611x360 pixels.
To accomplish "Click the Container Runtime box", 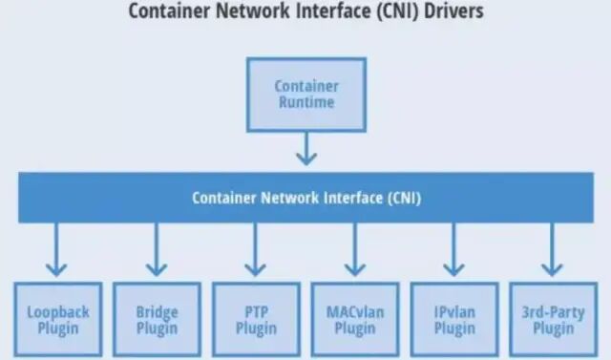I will point(306,94).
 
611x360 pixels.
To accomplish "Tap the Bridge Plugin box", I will point(157,320).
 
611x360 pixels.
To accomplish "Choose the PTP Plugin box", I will point(255,320).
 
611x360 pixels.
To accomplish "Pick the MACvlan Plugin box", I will point(355,320).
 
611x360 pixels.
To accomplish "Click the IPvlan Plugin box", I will point(454,320).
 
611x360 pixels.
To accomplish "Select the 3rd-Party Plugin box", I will point(551,320).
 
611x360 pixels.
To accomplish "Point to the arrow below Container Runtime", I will point(306,148).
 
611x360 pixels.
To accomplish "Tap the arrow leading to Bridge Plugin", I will point(157,250).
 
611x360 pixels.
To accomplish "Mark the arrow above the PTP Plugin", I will point(255,250).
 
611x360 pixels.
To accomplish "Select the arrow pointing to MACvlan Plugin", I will point(355,250).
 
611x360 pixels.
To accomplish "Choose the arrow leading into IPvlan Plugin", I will point(454,250).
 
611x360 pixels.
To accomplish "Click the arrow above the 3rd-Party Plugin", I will point(551,250).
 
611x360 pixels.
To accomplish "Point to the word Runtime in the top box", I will point(306,102).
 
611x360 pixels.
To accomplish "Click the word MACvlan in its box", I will point(355,311).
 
